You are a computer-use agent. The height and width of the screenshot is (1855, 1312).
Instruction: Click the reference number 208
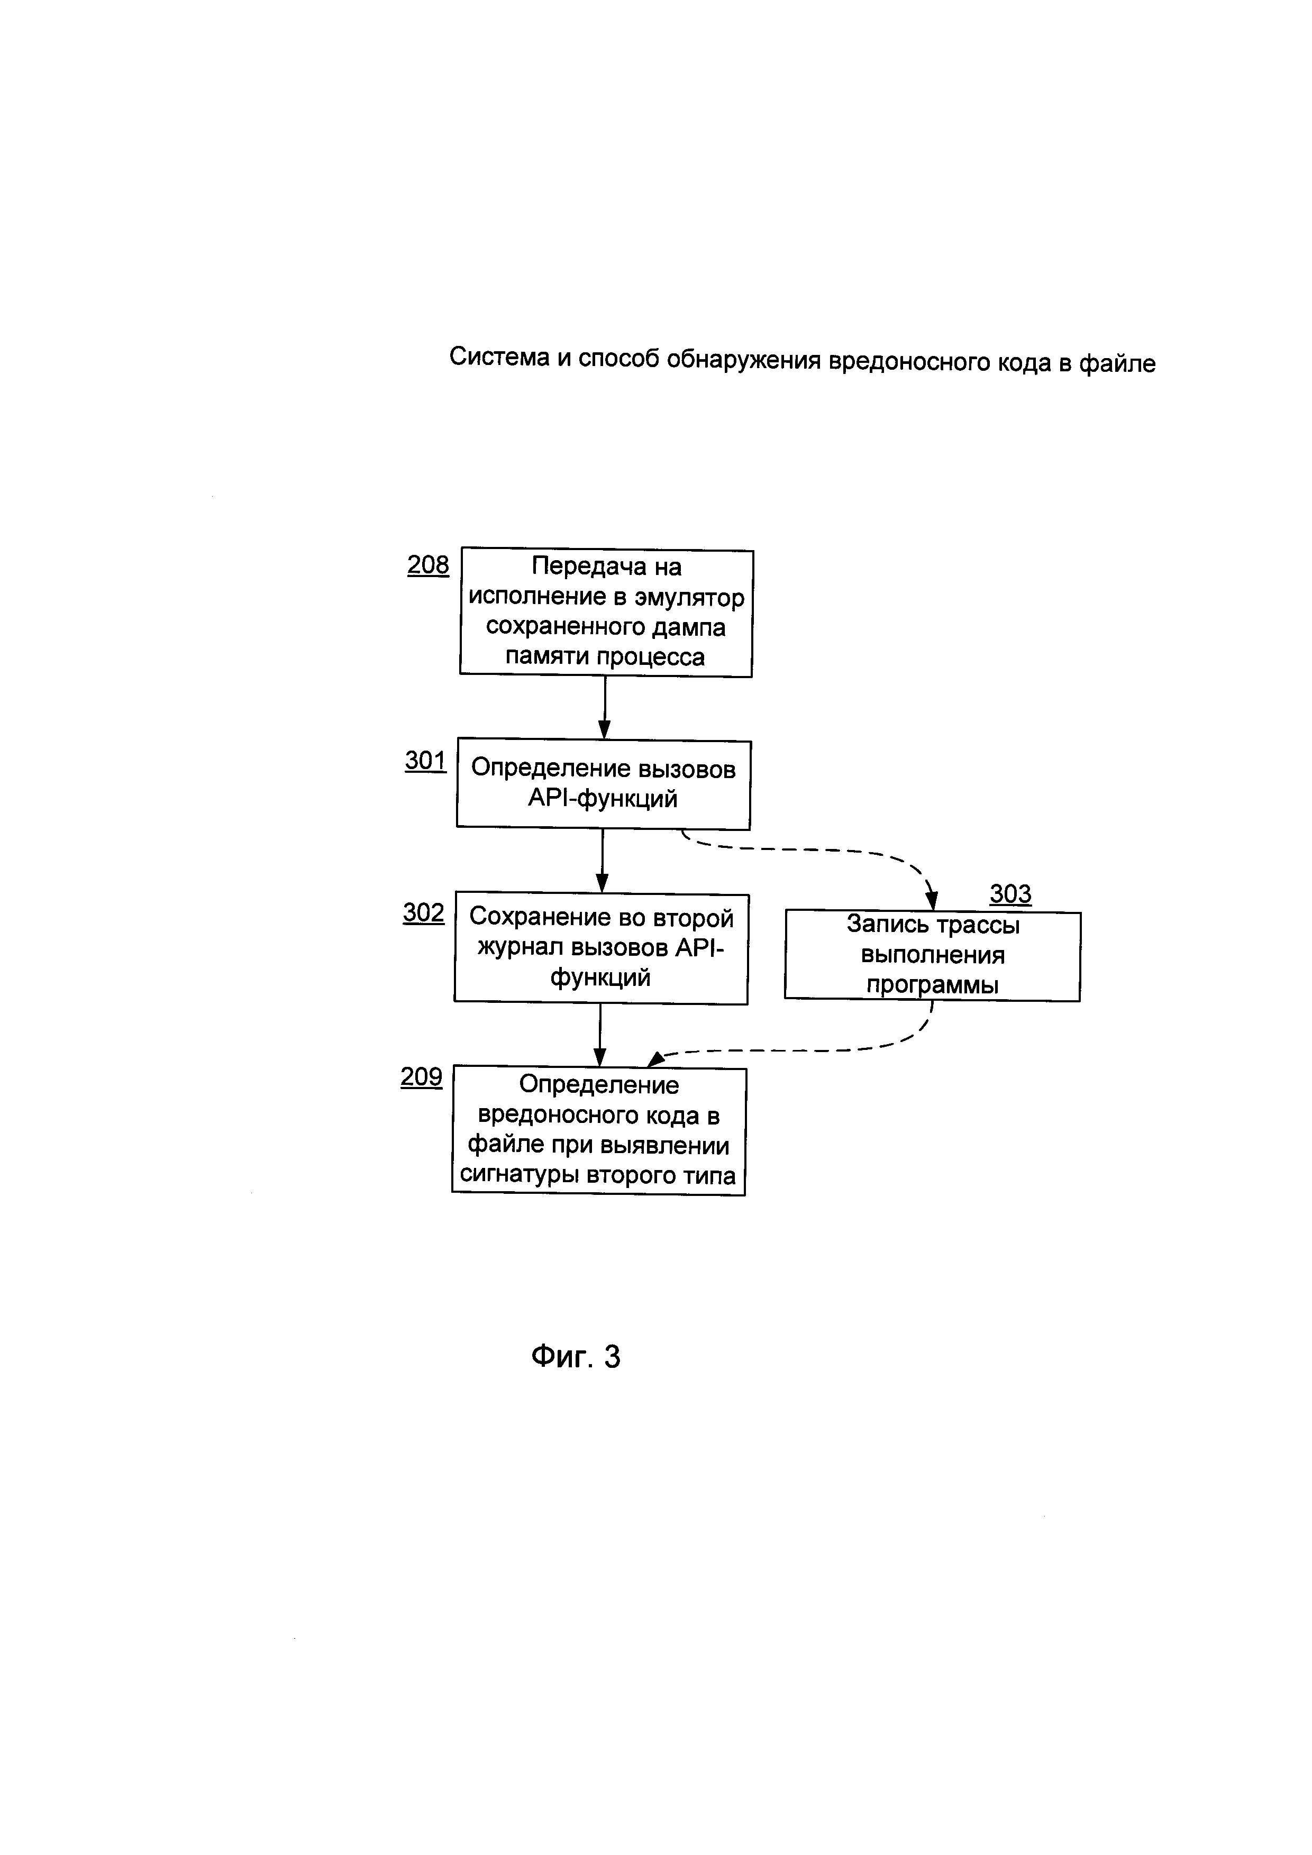coord(427,565)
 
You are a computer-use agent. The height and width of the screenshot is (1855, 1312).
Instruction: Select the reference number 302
coord(423,913)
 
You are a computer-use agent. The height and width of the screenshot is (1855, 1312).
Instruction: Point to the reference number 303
coord(1010,894)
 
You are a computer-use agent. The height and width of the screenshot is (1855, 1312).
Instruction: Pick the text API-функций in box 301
coord(602,798)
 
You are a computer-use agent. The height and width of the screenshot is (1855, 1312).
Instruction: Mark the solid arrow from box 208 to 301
coord(604,707)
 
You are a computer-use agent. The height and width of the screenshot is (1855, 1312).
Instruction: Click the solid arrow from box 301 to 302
coord(602,861)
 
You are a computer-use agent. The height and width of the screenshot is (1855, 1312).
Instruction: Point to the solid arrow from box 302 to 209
coord(599,1035)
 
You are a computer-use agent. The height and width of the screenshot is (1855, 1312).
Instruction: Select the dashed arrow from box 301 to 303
coord(816,850)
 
